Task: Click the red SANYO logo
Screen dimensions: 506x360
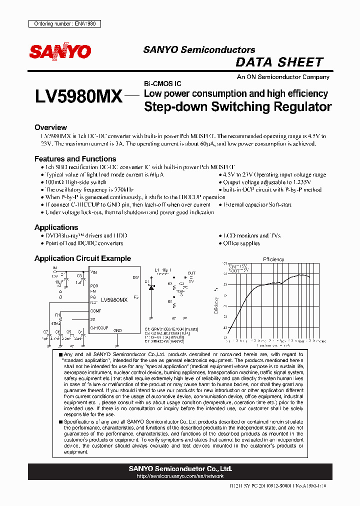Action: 60,51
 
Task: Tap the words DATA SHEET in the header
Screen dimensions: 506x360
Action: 279,62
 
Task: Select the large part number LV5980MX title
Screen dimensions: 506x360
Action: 79,96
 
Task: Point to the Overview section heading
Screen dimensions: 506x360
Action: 50,127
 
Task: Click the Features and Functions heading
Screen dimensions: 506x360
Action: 75,159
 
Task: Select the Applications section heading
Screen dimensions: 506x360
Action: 56,227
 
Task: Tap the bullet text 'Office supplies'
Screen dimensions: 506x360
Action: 241,243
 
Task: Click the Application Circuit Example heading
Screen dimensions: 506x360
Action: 82,258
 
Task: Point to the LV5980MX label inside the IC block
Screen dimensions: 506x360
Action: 114,300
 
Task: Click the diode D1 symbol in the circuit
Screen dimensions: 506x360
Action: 152,287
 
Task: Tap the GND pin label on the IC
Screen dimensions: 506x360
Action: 117,330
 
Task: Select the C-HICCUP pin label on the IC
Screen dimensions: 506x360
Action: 99,328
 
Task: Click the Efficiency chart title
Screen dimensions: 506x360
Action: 273,259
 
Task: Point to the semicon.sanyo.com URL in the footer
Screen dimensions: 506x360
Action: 180,476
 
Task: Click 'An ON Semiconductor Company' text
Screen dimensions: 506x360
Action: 283,77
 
